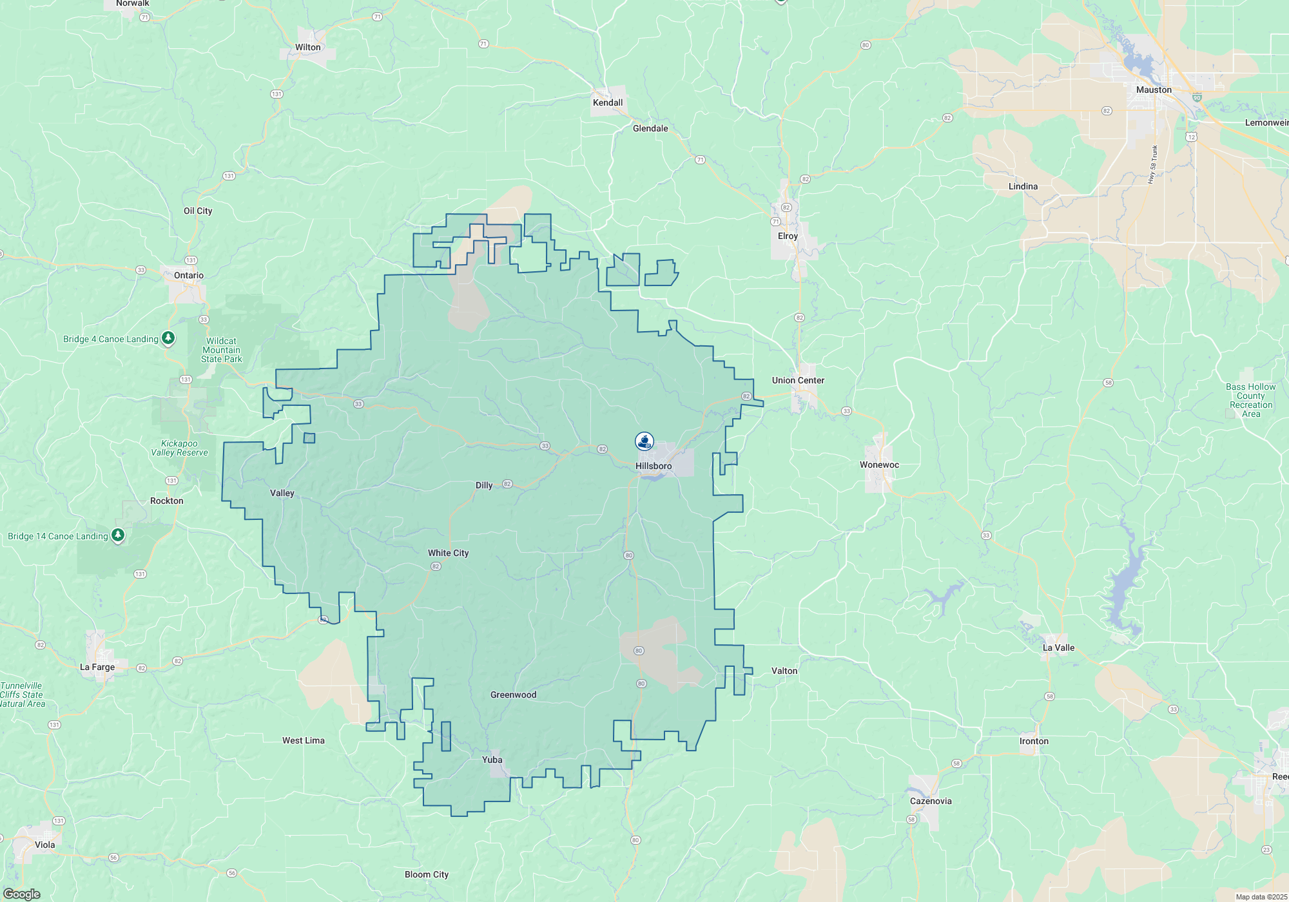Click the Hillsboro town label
(x=654, y=466)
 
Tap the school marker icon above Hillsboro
(x=644, y=441)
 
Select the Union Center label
(x=798, y=380)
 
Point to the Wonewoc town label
(x=879, y=465)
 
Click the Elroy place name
(x=788, y=236)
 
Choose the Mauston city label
(x=1154, y=90)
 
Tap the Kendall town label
(x=608, y=102)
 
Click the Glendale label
(x=650, y=128)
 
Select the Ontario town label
(x=189, y=275)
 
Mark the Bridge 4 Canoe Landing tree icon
(x=168, y=338)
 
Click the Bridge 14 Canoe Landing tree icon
(x=118, y=535)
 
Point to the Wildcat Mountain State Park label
(x=222, y=350)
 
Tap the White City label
(x=449, y=553)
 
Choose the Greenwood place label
(x=513, y=695)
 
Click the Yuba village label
(x=492, y=760)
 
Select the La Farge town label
(x=97, y=667)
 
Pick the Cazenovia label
(x=931, y=801)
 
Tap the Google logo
(x=22, y=894)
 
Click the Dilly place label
(x=484, y=485)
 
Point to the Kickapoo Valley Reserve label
(x=179, y=448)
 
